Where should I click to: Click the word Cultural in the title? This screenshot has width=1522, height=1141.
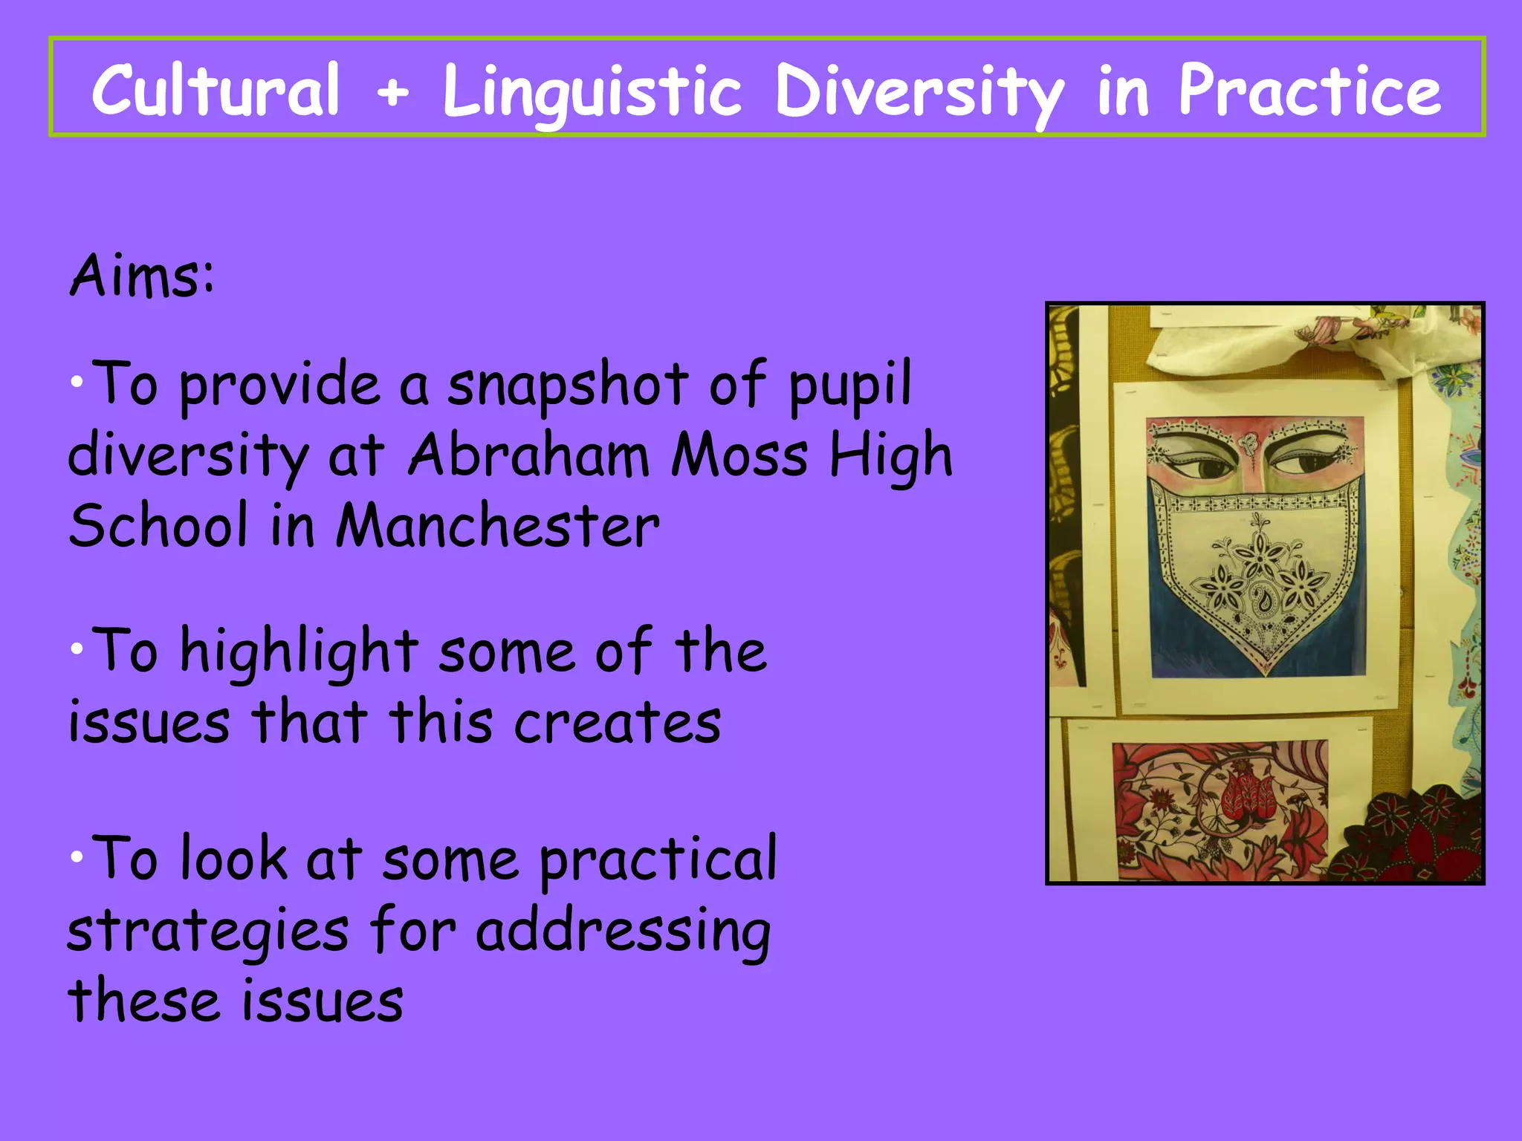coord(216,90)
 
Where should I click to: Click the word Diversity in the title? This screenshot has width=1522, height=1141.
coord(919,93)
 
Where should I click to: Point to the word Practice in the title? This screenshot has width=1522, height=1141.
coord(1309,90)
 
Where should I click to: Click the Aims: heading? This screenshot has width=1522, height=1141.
coord(142,276)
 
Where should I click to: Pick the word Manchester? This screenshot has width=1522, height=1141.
coord(497,526)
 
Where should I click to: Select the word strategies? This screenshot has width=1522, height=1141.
coord(207,932)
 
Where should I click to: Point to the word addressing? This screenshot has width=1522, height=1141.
coord(623,932)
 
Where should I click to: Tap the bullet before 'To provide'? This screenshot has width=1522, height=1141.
coord(77,383)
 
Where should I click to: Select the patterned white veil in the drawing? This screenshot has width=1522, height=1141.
coord(1256,572)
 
